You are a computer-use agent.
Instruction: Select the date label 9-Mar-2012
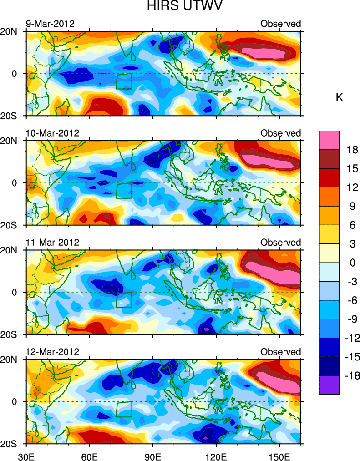(x=50, y=24)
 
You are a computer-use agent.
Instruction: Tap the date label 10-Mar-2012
(x=52, y=133)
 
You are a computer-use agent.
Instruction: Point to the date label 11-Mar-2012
(x=52, y=243)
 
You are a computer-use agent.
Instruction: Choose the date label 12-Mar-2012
(x=52, y=352)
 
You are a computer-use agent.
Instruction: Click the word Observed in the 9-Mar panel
(x=280, y=24)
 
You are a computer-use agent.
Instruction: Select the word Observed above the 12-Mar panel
(x=280, y=352)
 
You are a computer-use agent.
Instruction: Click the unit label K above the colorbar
(x=339, y=97)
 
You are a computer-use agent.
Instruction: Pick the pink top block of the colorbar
(x=329, y=140)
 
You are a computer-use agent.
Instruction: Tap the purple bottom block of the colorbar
(x=329, y=385)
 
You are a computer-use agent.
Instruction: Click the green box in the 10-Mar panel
(x=124, y=191)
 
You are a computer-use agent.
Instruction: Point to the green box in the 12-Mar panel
(x=124, y=409)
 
